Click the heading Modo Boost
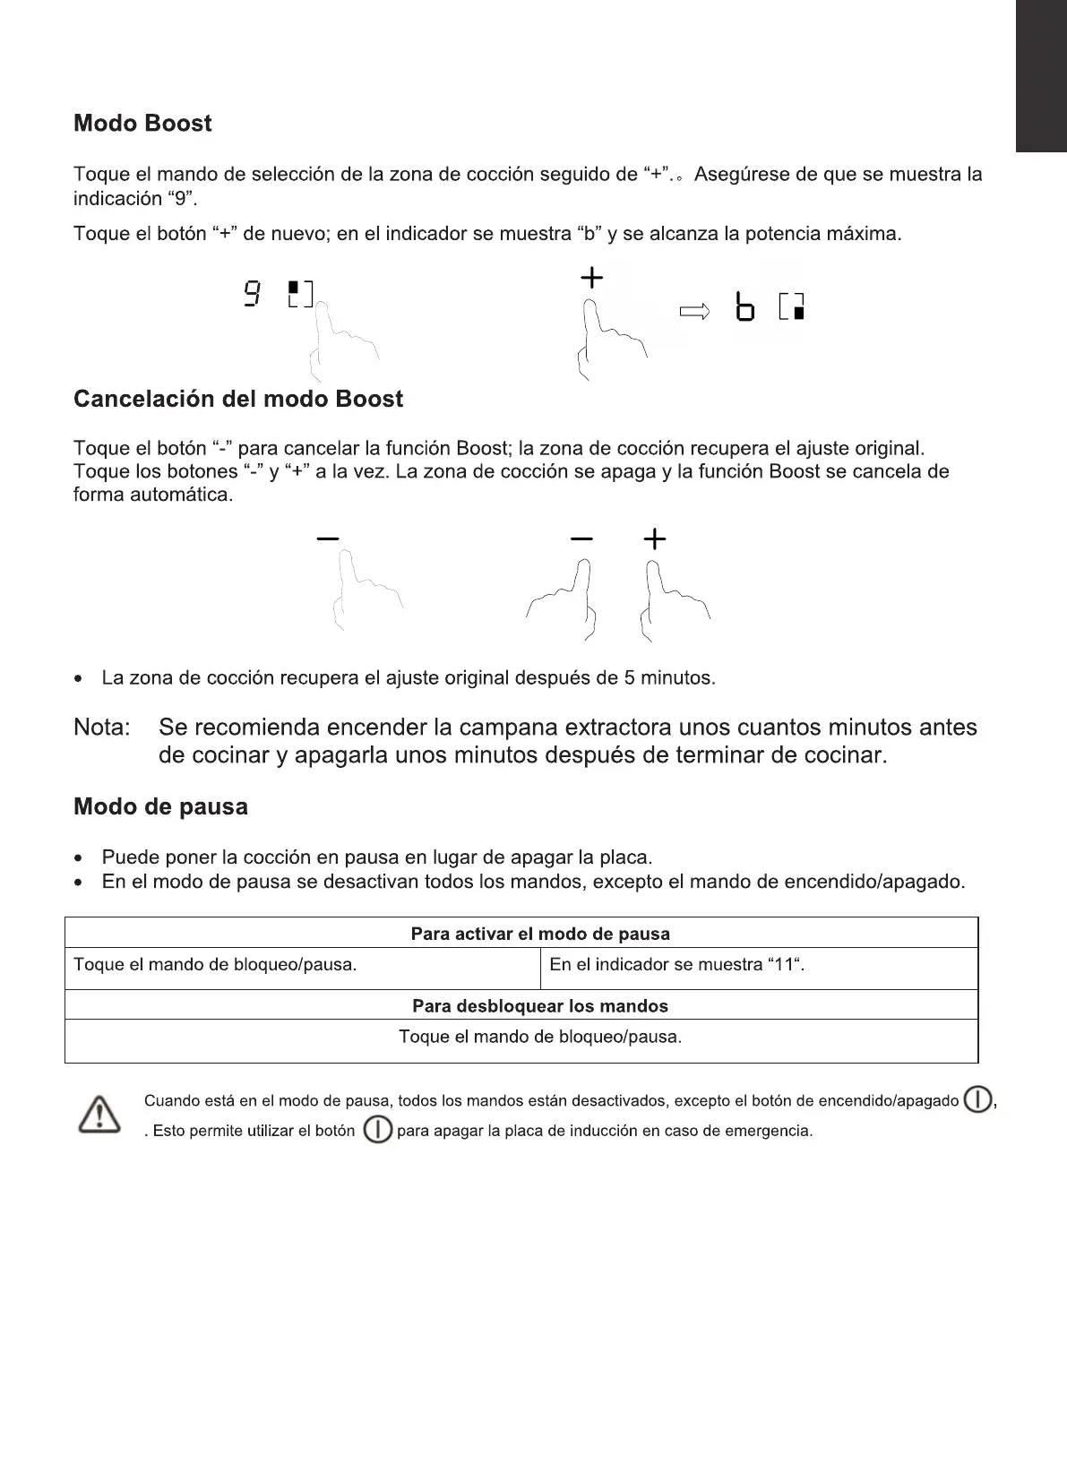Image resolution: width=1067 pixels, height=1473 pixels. pyautogui.click(x=142, y=124)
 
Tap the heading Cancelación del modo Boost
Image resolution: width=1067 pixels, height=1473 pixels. pyautogui.click(x=238, y=400)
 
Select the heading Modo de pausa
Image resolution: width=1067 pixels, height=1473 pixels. pyautogui.click(x=160, y=807)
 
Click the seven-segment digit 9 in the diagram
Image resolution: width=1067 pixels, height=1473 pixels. pyautogui.click(x=254, y=294)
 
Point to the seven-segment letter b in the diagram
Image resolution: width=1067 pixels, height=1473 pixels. pyautogui.click(x=744, y=307)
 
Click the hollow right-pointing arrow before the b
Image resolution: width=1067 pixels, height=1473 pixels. pyautogui.click(x=694, y=312)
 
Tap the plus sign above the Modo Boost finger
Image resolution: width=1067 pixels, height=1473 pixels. pyautogui.click(x=591, y=279)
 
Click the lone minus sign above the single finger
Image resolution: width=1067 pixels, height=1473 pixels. pyautogui.click(x=328, y=538)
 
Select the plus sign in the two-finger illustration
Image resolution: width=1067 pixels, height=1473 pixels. pyautogui.click(x=655, y=538)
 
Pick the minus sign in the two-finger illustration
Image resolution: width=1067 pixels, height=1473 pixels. pyautogui.click(x=581, y=538)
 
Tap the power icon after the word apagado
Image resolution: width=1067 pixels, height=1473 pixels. pyautogui.click(x=977, y=1099)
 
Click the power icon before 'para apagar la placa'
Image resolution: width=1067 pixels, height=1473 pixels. pyautogui.click(x=378, y=1130)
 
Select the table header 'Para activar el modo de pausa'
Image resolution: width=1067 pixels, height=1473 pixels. pyautogui.click(x=540, y=934)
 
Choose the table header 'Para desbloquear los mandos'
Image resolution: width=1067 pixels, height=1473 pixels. pyautogui.click(x=540, y=1006)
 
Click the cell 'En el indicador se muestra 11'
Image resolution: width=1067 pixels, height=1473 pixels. pyautogui.click(x=677, y=965)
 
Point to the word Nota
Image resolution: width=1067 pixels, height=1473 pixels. pyautogui.click(x=101, y=728)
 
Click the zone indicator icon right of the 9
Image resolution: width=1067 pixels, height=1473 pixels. pyautogui.click(x=300, y=294)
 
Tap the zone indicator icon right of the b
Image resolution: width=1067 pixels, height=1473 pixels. pyautogui.click(x=792, y=306)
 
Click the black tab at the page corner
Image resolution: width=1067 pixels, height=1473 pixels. pyautogui.click(x=1041, y=76)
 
